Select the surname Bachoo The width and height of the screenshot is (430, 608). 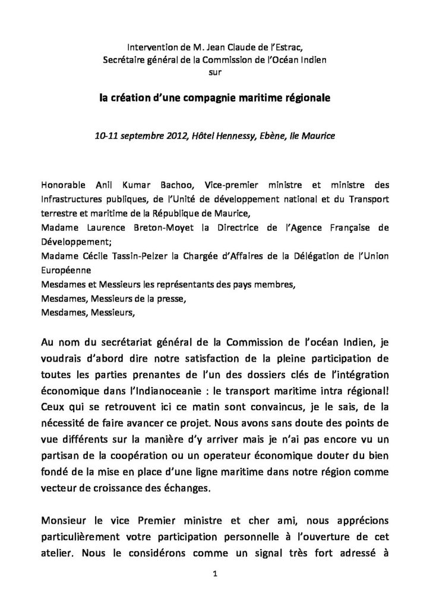click(x=185, y=183)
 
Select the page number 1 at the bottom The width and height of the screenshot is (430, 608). click(x=215, y=575)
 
